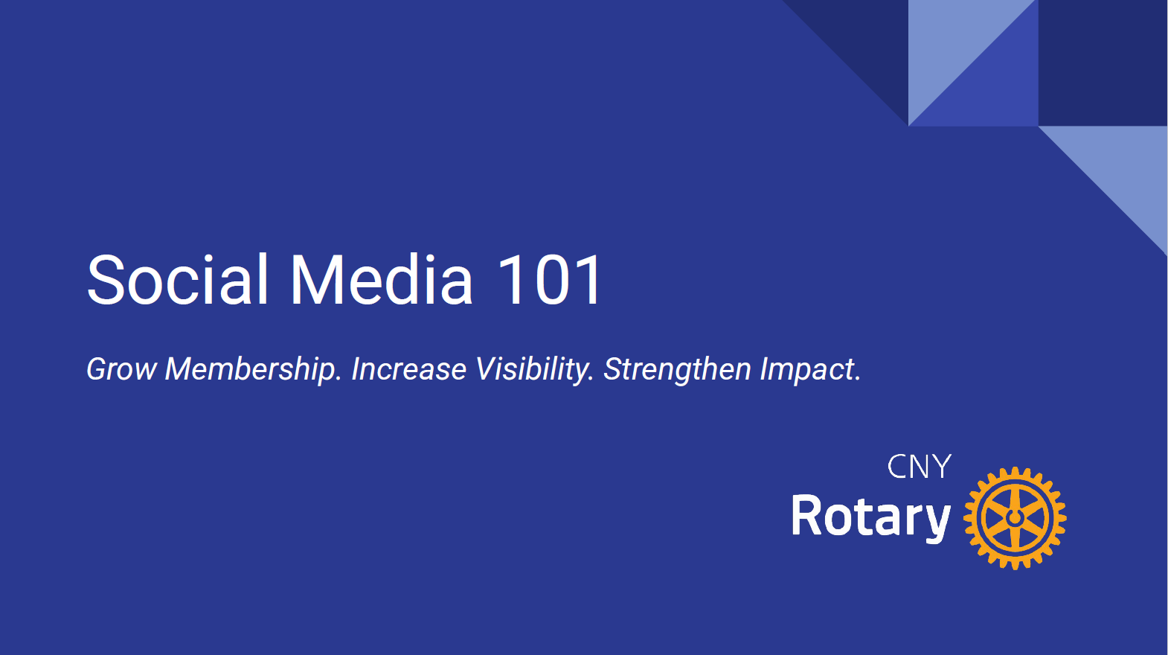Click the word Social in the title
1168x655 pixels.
[x=177, y=279]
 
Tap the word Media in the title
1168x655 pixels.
[x=381, y=279]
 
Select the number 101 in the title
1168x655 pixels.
[x=550, y=279]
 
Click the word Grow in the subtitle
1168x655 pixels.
[x=121, y=369]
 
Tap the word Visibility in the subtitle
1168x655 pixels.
[x=535, y=370]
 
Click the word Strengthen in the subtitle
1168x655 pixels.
[x=677, y=370]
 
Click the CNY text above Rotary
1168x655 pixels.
[x=920, y=467]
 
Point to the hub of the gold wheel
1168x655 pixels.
[x=1015, y=518]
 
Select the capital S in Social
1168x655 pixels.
[x=106, y=279]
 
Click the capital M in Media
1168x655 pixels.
[x=316, y=279]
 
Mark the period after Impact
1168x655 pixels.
[x=857, y=379]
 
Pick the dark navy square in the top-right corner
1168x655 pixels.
[x=1103, y=63]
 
